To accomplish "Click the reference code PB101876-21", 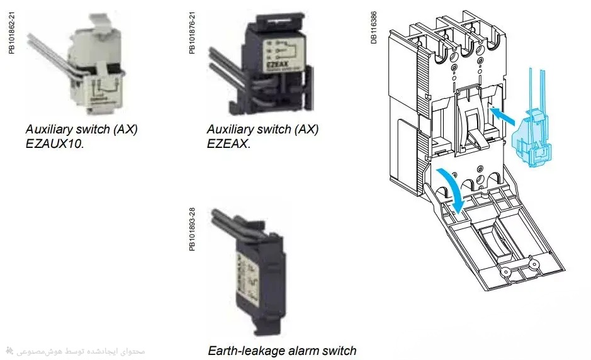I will (x=193, y=31).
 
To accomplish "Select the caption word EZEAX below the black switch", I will (x=228, y=143).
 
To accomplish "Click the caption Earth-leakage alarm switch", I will (x=282, y=351).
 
